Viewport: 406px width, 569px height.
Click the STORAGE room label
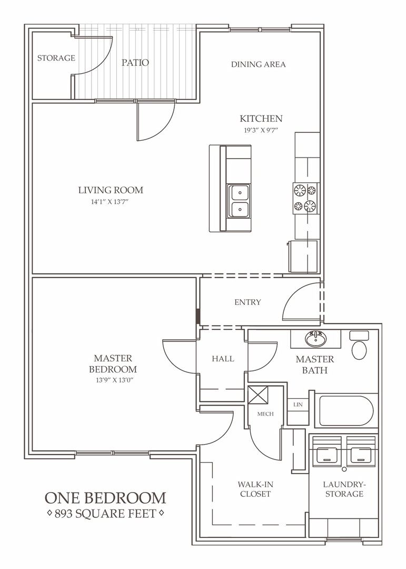(56, 58)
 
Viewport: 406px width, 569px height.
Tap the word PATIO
(135, 62)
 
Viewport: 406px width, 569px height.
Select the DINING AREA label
(259, 64)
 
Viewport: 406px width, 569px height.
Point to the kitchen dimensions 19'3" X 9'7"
(261, 131)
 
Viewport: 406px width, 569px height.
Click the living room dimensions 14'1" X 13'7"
(110, 202)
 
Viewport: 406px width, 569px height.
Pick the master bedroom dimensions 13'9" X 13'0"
(113, 381)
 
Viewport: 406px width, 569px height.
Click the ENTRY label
(248, 302)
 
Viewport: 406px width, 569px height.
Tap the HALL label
(223, 359)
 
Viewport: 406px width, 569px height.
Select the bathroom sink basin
(315, 339)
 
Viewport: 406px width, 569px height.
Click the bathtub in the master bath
(346, 410)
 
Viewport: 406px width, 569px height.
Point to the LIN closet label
(298, 404)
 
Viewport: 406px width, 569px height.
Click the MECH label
(265, 414)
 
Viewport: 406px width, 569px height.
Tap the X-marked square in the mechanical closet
(258, 395)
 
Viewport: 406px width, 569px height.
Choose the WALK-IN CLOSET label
(255, 489)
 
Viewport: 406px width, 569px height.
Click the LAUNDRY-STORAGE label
(344, 489)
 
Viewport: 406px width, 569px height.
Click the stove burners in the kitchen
(305, 198)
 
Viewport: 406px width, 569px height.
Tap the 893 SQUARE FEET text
(105, 514)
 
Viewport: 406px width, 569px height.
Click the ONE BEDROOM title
(105, 498)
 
